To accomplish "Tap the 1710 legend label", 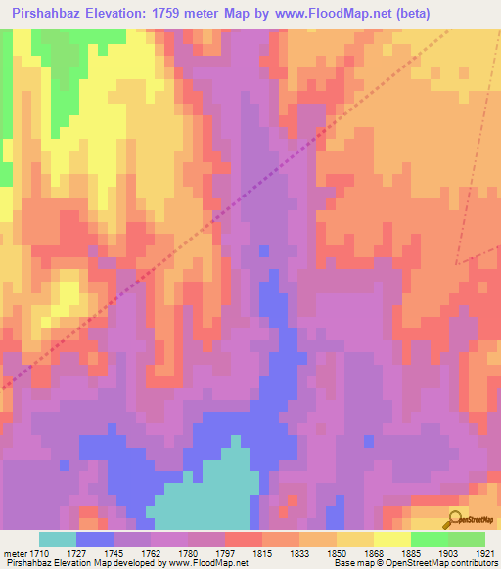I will (40, 552).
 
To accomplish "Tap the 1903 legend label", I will (445, 552).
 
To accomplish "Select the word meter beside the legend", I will (16, 552).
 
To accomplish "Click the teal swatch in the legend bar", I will (58, 539).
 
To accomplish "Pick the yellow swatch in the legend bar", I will (391, 539).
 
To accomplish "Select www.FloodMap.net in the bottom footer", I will (207, 563).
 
